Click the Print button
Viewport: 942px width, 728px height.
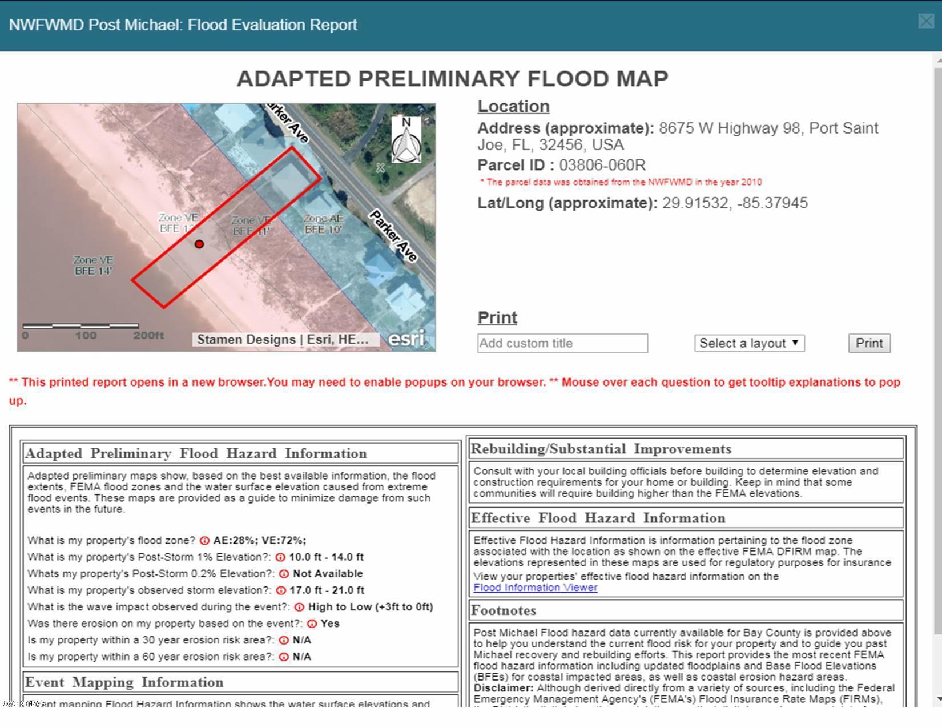(869, 343)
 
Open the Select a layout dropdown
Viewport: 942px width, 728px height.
(749, 343)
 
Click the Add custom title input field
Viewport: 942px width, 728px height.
(562, 343)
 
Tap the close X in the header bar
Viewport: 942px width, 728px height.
(926, 21)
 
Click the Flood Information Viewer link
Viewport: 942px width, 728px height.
(535, 588)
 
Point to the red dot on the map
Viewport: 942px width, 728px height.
(199, 244)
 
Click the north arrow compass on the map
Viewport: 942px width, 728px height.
(406, 139)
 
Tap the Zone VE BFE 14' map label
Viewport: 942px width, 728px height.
(93, 266)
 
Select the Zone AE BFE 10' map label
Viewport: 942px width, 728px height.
(323, 224)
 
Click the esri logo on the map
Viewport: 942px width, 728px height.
(406, 339)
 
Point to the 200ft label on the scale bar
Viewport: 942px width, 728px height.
(148, 335)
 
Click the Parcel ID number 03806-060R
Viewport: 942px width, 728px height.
(602, 166)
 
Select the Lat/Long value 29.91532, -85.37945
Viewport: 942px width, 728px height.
(735, 203)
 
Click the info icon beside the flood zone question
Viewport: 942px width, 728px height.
(204, 541)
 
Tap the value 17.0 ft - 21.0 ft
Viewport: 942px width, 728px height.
(328, 590)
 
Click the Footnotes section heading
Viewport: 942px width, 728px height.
(504, 610)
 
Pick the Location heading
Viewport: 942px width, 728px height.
(513, 106)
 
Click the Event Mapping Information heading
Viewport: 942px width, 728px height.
(124, 682)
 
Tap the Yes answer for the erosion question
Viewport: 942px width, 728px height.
(330, 624)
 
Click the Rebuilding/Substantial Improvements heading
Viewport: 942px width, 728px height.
(601, 449)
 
